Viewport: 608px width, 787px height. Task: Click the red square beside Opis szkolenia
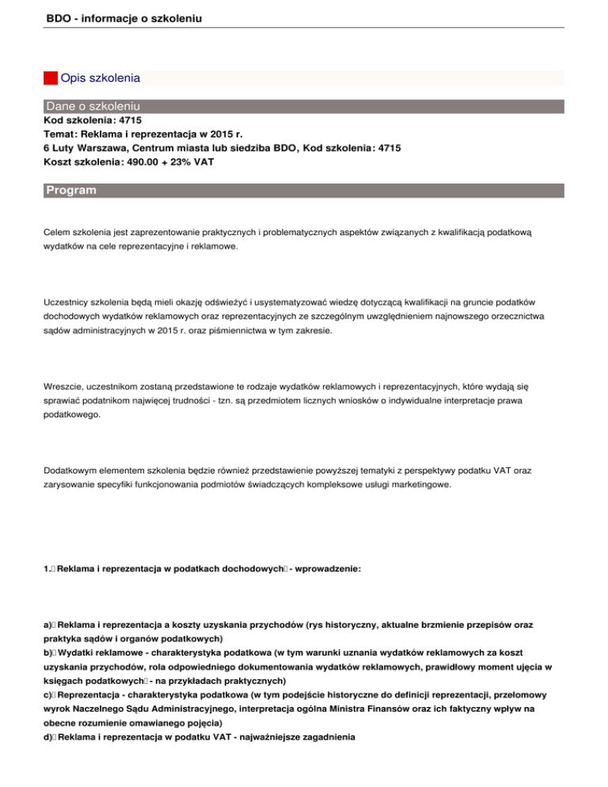pyautogui.click(x=51, y=78)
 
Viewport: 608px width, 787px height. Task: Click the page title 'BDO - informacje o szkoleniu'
pyautogui.click(x=120, y=16)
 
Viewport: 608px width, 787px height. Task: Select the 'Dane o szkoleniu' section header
pyautogui.click(x=93, y=106)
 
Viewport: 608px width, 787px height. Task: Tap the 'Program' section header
pyautogui.click(x=71, y=190)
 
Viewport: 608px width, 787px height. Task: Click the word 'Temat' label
pyautogui.click(x=60, y=135)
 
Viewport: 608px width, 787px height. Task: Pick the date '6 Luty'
pyautogui.click(x=59, y=148)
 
